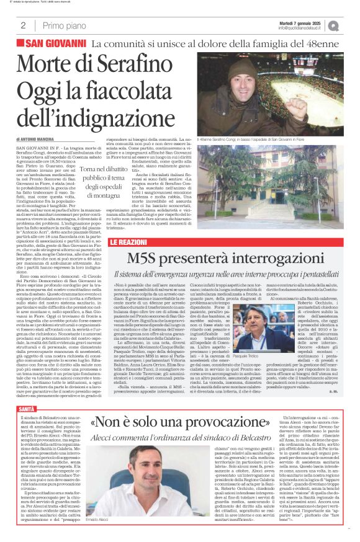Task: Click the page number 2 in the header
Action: (23, 25)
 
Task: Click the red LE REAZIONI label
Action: (129, 241)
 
